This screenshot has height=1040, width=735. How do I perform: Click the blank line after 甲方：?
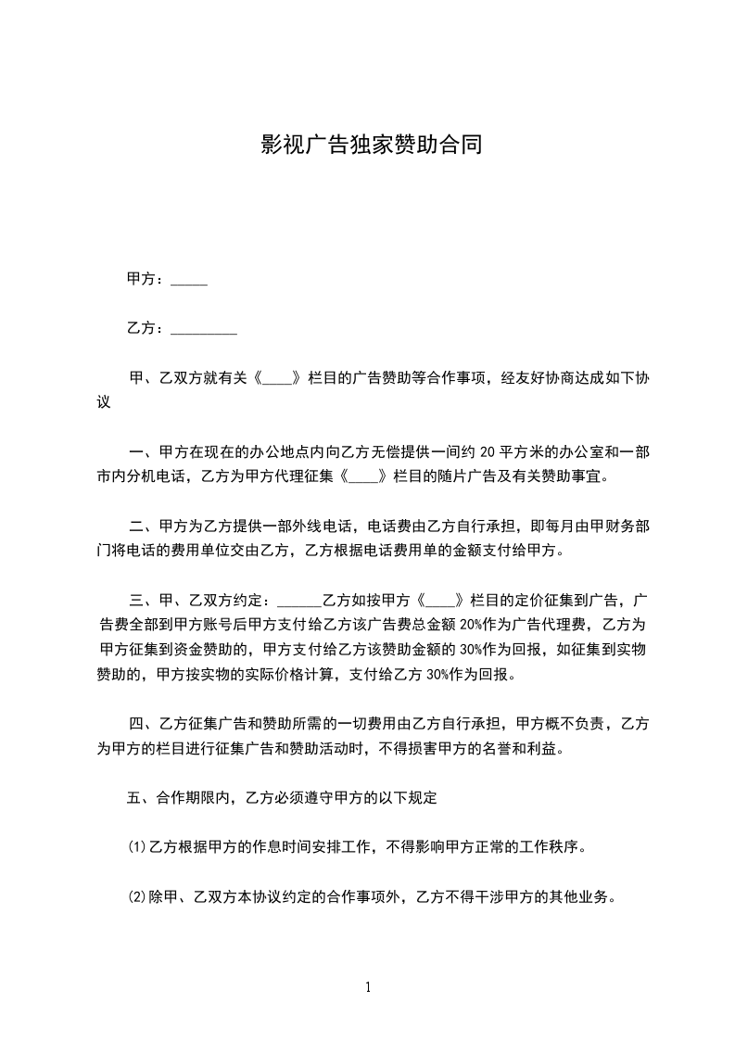[189, 281]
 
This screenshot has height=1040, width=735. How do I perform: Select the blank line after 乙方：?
[204, 330]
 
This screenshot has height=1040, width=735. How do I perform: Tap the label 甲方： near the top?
[146, 279]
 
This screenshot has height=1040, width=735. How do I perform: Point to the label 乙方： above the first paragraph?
[146, 328]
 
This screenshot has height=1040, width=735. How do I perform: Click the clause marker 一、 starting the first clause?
[142, 452]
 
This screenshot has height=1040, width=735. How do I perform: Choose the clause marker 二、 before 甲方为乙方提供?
[142, 526]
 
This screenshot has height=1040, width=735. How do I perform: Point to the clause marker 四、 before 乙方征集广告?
[142, 723]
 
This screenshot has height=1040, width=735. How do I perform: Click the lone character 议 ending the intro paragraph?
[104, 402]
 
